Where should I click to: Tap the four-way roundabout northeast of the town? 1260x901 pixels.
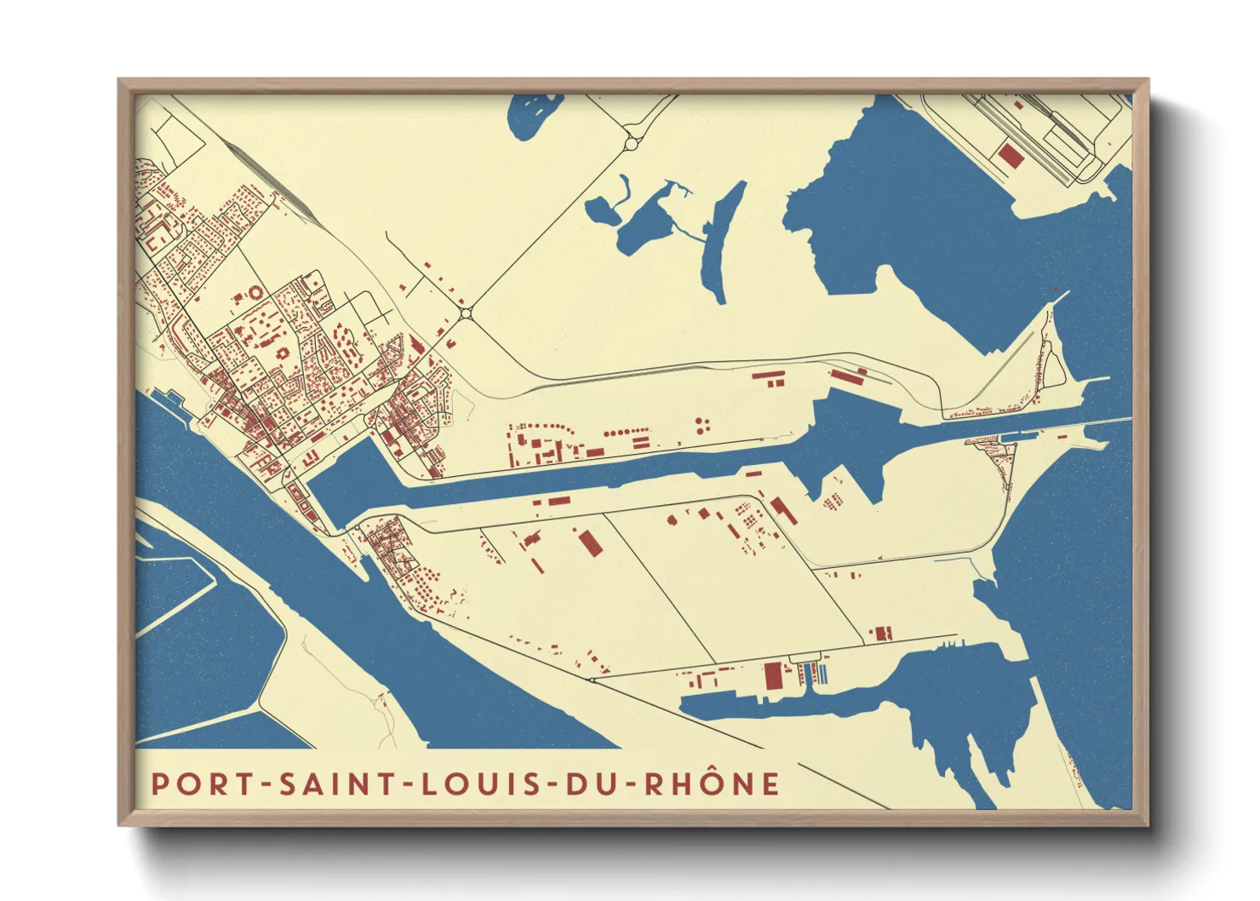click(465, 314)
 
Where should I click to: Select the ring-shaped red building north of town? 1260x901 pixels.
click(255, 293)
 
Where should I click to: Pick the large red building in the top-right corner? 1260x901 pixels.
click(1009, 155)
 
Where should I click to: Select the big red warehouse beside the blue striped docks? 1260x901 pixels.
click(772, 676)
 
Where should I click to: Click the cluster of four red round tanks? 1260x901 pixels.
click(702, 425)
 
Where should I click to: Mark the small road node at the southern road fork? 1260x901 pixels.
click(593, 680)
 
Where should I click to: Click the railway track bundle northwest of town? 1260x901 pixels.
click(255, 170)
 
